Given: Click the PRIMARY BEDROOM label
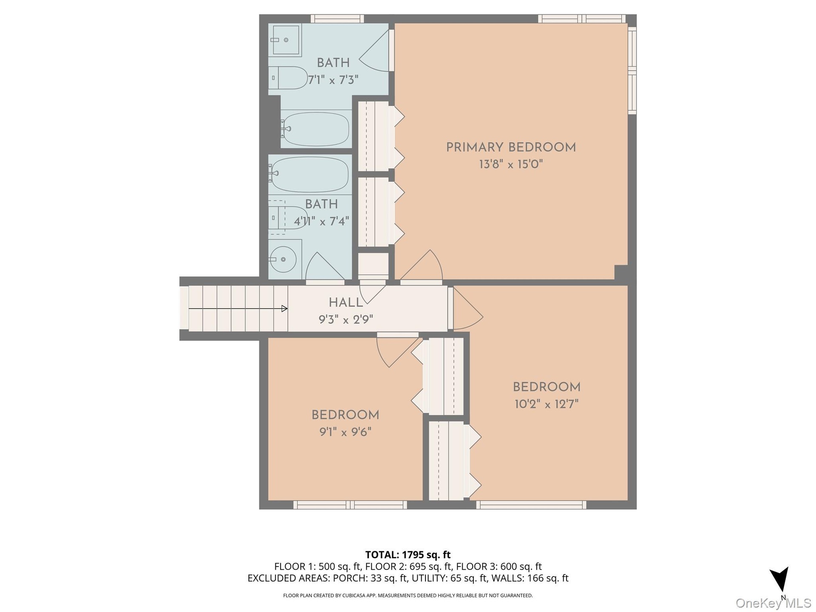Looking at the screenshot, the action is click(x=511, y=147).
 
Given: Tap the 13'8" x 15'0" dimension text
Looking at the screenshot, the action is click(x=511, y=164).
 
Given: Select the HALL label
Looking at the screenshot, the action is click(x=346, y=303).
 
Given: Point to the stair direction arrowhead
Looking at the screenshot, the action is click(x=284, y=309).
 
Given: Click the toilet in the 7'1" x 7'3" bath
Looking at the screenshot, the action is click(x=288, y=78).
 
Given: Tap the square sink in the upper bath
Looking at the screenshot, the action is click(x=286, y=40).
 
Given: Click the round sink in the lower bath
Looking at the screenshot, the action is click(x=283, y=259).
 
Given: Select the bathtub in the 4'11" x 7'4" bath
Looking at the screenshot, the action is click(x=310, y=174).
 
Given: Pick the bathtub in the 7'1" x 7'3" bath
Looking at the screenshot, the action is click(x=316, y=128).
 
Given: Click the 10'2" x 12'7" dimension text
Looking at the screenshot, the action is click(x=547, y=404).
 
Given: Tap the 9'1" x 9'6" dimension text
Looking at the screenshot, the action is click(x=346, y=432).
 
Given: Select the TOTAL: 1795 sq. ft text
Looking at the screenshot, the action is click(x=408, y=555).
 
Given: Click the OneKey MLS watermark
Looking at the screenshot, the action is click(x=773, y=603).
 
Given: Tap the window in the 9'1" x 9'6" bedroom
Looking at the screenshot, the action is click(x=350, y=505).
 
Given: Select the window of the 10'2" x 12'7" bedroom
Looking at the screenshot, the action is click(x=531, y=505).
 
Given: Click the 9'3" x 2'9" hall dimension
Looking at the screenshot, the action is click(x=346, y=319).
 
